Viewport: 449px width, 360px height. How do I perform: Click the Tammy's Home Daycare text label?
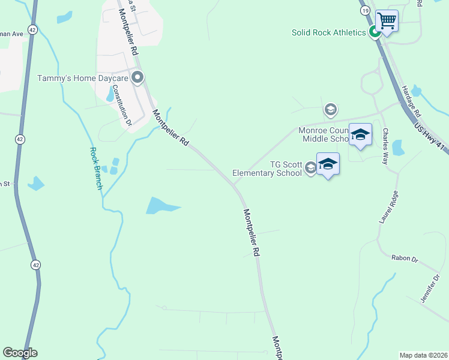[83, 78]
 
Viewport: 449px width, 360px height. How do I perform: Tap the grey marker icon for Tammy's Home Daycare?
[137, 77]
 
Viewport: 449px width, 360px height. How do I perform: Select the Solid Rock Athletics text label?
[329, 32]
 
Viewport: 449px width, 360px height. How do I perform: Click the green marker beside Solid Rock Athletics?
[374, 32]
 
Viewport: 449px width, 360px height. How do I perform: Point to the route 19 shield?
[364, 11]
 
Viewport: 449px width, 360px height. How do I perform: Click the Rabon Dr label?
[404, 259]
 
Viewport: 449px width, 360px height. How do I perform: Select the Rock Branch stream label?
[96, 168]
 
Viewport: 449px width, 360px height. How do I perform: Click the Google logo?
[20, 353]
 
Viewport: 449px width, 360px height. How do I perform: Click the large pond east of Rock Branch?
[161, 206]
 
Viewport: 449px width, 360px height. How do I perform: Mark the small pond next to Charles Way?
[397, 148]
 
